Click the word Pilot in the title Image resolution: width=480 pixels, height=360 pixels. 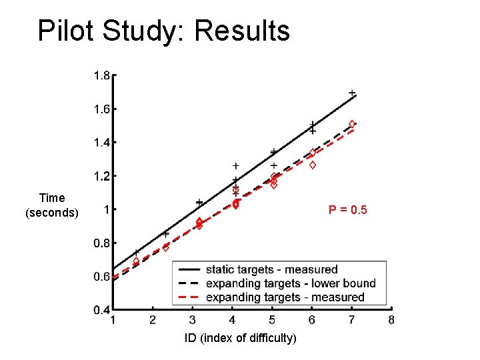(x=65, y=31)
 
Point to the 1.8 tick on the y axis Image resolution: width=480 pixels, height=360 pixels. (x=101, y=76)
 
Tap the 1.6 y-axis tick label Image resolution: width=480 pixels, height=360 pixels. (x=101, y=109)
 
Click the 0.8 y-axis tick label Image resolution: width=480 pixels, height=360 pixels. (x=101, y=243)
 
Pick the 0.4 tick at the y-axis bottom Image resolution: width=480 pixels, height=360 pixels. (x=101, y=310)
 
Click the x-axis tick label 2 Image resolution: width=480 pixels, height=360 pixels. (x=153, y=320)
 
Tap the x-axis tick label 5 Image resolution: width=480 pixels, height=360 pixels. (x=272, y=320)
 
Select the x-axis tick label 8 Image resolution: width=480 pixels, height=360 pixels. (x=391, y=320)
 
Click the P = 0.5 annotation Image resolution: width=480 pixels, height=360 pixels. (x=347, y=211)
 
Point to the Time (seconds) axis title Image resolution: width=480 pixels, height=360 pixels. (x=52, y=205)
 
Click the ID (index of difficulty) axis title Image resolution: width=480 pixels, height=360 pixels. (x=241, y=338)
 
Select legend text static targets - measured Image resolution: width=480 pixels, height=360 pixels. (x=271, y=270)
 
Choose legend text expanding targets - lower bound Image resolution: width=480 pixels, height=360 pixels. (x=290, y=283)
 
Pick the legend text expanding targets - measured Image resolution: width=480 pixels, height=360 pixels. (x=285, y=297)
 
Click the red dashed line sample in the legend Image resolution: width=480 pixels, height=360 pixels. (x=189, y=297)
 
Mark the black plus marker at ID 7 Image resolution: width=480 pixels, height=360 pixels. (x=352, y=93)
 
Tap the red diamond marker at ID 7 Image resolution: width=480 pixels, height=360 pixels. (x=352, y=124)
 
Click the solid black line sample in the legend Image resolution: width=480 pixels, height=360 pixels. (x=189, y=270)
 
